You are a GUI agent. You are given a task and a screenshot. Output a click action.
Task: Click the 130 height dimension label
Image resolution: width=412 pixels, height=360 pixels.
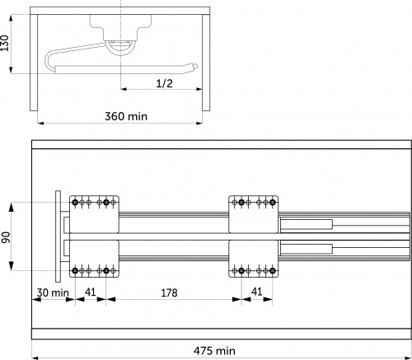(x=5, y=43)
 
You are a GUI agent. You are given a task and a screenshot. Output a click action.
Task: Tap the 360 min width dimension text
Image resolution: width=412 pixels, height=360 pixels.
(x=126, y=116)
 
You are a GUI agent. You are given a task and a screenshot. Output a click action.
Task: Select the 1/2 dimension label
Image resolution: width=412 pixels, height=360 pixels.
(x=164, y=83)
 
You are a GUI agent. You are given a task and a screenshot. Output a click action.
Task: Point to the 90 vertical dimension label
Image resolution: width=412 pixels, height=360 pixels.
(x=6, y=237)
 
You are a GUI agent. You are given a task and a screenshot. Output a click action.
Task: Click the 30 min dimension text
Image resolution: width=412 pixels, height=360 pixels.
(x=53, y=292)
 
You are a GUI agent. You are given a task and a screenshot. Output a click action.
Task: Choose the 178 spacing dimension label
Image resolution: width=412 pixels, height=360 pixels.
(x=169, y=293)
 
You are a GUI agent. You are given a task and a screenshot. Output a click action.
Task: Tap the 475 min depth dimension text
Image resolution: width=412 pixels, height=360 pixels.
(x=214, y=351)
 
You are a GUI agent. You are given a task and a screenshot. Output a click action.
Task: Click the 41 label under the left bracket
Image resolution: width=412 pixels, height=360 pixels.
(x=91, y=292)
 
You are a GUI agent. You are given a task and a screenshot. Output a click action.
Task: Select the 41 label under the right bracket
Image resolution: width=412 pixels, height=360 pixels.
(x=256, y=292)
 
